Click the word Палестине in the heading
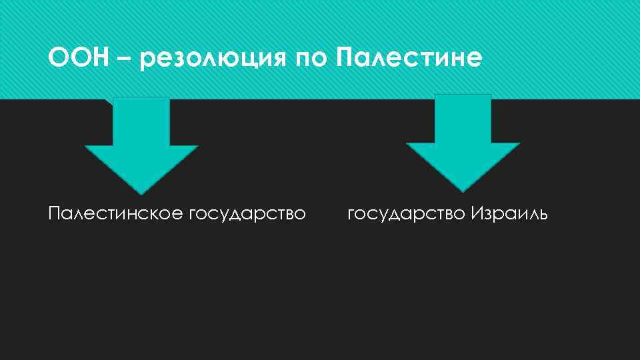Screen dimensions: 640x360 [408, 59]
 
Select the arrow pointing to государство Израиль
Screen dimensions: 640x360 [463, 140]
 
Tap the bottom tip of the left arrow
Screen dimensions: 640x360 [141, 193]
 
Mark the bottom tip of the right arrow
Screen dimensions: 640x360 [463, 191]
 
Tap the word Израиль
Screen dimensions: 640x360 [509, 215]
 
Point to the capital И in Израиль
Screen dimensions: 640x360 [476, 214]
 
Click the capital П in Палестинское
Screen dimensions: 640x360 [54, 214]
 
